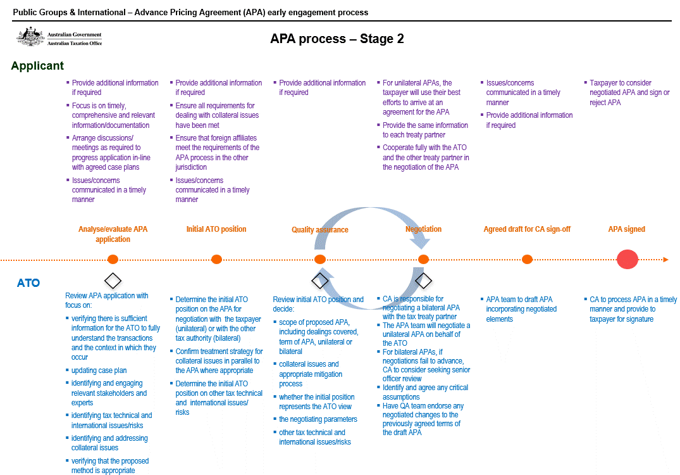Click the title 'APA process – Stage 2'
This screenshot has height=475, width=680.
click(x=337, y=39)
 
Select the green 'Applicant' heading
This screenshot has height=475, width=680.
click(x=37, y=66)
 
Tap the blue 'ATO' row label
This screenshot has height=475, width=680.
click(x=28, y=283)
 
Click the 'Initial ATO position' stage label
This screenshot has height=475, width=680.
click(x=216, y=229)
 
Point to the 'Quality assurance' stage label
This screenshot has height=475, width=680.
click(x=319, y=230)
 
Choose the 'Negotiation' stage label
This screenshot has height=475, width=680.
click(x=423, y=229)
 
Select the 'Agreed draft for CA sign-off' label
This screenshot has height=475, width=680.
click(x=527, y=229)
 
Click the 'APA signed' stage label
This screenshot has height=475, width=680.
click(x=626, y=229)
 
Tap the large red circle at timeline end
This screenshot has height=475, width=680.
click(x=627, y=259)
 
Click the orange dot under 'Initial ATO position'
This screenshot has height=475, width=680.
click(x=216, y=259)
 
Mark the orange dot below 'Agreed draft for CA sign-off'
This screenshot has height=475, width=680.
click(x=527, y=259)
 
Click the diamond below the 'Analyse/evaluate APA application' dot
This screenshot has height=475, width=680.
click(x=113, y=280)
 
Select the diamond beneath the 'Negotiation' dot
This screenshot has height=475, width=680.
click(x=423, y=280)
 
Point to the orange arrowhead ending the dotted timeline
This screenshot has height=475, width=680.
click(x=665, y=259)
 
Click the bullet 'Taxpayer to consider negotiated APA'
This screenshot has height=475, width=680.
click(x=629, y=92)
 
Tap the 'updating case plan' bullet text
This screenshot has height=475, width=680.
click(x=99, y=370)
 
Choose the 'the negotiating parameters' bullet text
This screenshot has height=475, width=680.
click(x=318, y=419)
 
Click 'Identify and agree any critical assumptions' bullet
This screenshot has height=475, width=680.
click(x=425, y=392)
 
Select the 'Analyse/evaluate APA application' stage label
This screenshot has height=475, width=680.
click(x=113, y=234)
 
